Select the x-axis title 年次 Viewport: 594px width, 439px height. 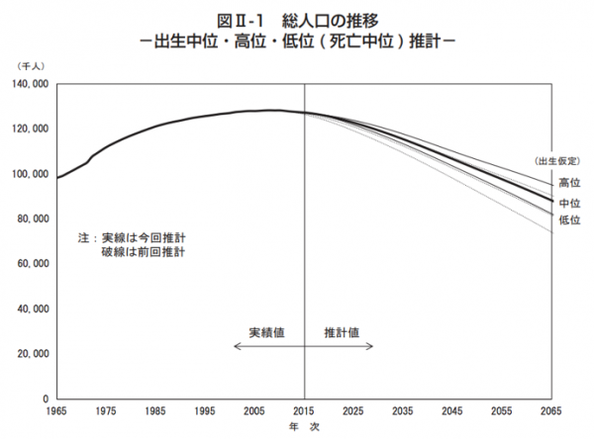(302, 427)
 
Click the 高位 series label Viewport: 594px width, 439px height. (569, 183)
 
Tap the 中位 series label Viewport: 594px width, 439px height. (569, 202)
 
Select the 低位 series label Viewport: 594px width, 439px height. (569, 219)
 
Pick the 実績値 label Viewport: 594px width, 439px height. (267, 331)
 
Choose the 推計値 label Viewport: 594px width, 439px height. (342, 331)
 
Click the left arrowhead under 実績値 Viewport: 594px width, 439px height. (237, 346)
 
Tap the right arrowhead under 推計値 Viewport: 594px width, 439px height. (371, 346)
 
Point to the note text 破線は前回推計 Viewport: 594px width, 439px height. (144, 254)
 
